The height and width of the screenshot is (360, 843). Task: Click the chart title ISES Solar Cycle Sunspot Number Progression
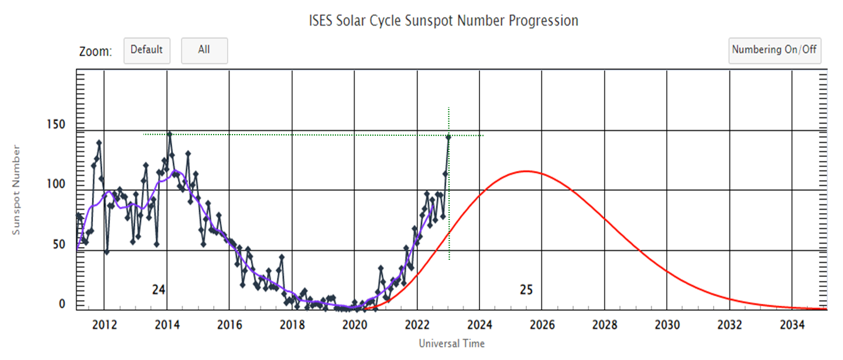coord(443,21)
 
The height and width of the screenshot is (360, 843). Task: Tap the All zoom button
coord(204,50)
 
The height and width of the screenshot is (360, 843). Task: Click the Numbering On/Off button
coord(775,50)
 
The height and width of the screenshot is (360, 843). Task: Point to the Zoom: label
coord(95,52)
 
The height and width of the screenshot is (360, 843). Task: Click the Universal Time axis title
coord(451,344)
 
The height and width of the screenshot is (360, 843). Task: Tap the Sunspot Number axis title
coord(16,190)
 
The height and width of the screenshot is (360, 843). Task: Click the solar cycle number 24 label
coord(158,289)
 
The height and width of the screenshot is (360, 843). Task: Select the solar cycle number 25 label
coord(526,289)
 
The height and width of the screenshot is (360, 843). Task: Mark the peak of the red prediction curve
coord(526,171)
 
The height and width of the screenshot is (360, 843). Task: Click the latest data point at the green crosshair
coord(448,137)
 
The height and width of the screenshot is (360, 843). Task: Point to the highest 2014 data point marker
coord(169,134)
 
